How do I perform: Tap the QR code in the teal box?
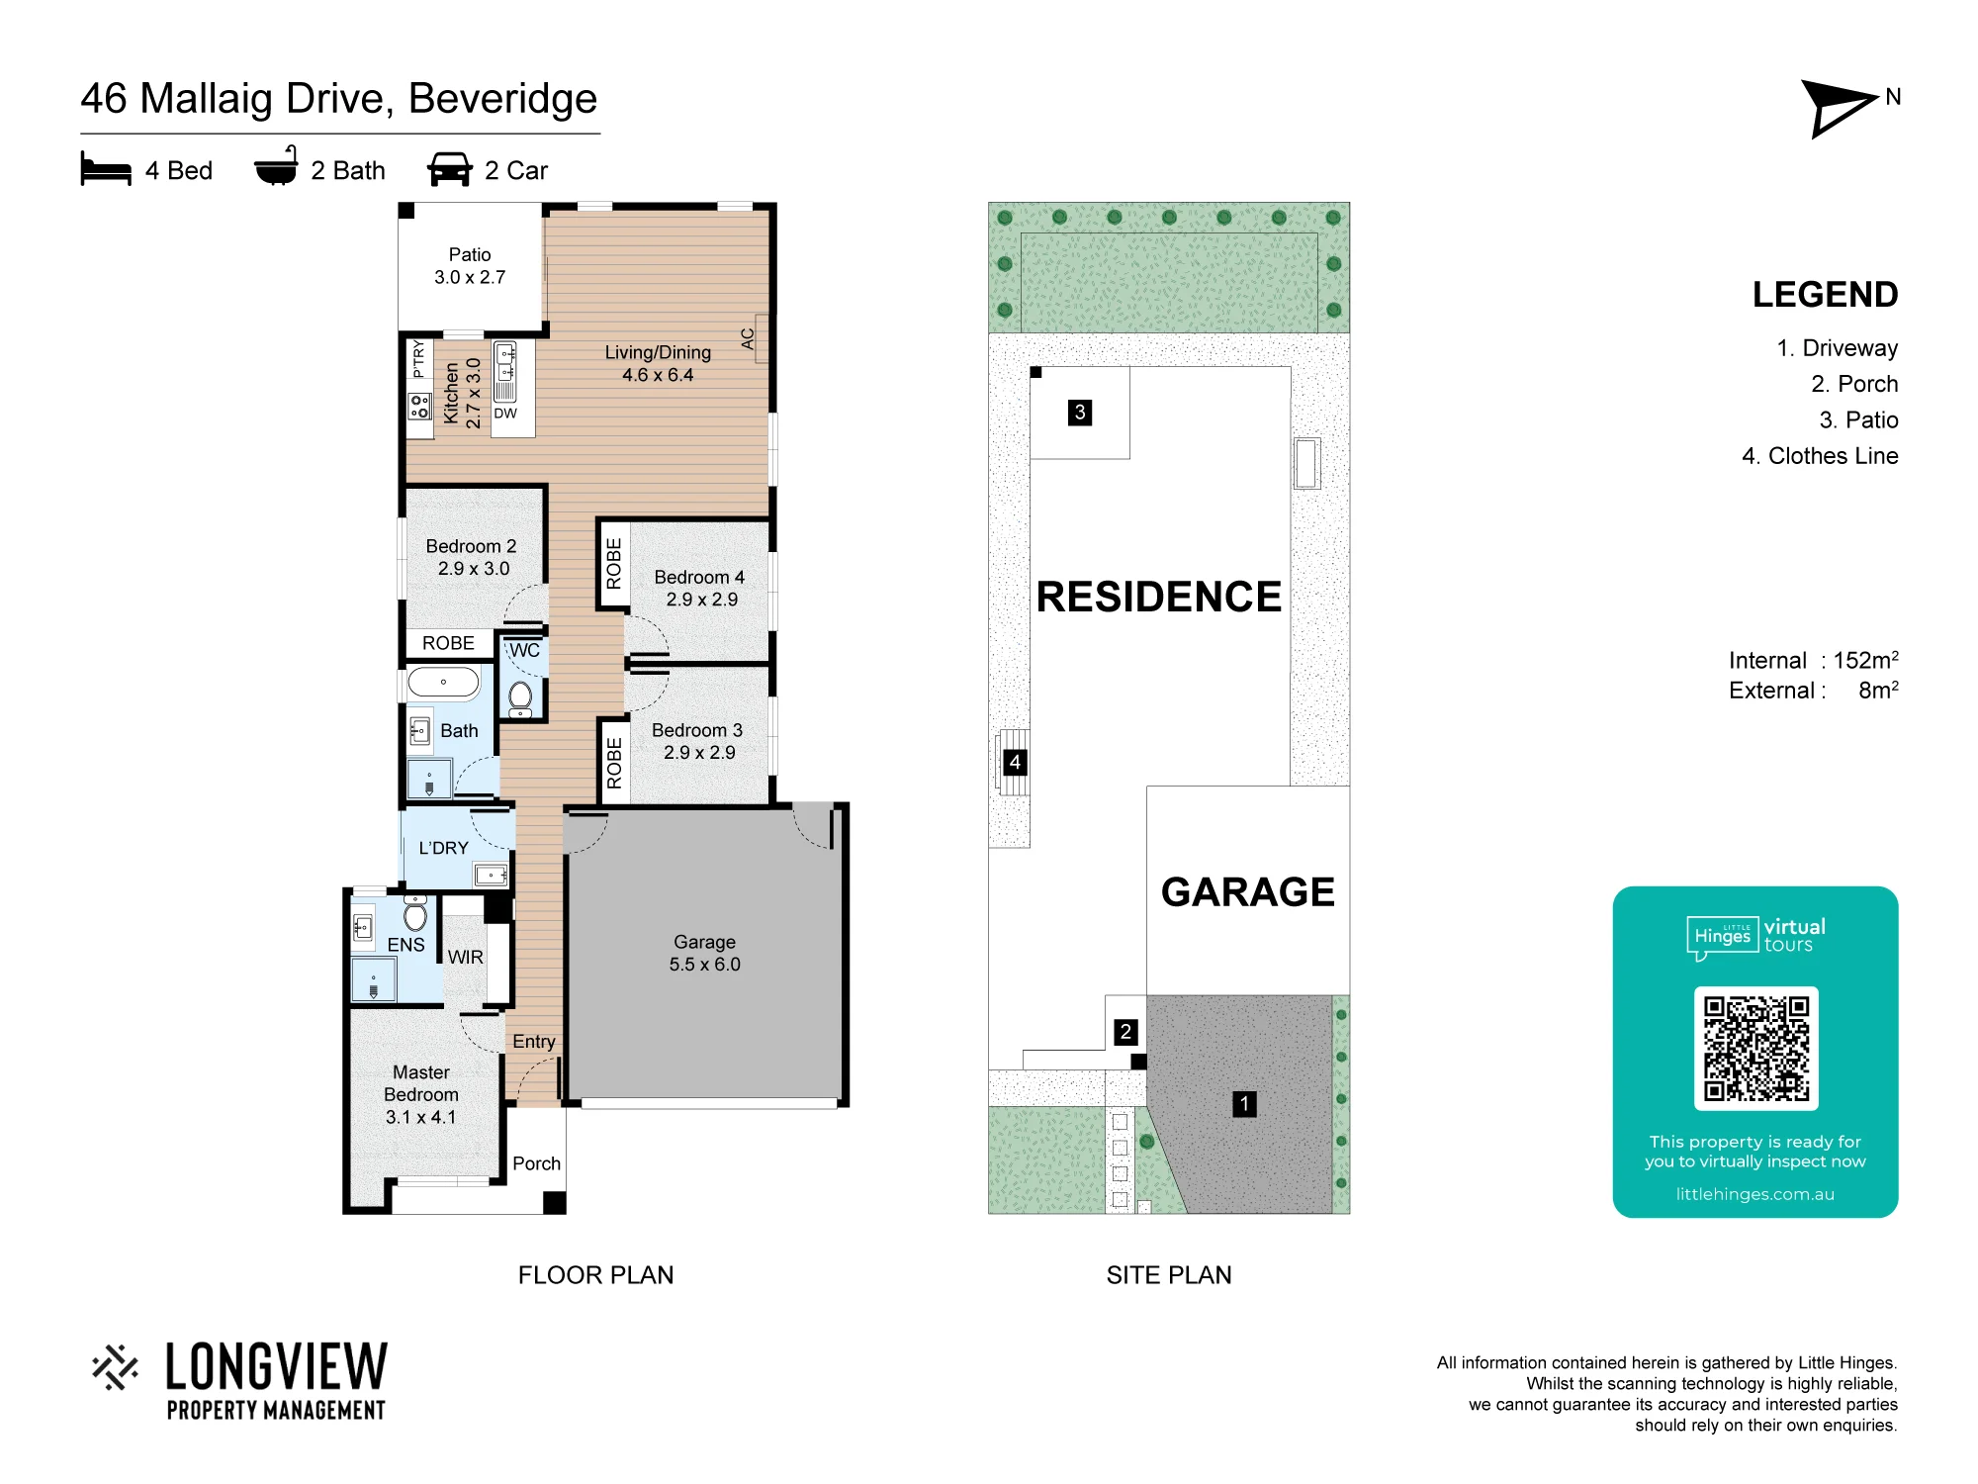tap(1755, 1049)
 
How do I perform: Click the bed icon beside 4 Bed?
tap(106, 169)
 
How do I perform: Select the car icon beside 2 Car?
tap(450, 169)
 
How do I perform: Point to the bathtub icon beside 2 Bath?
tap(276, 166)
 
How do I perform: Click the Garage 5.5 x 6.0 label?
tap(704, 953)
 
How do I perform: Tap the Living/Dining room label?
tap(658, 363)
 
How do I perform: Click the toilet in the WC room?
tap(520, 697)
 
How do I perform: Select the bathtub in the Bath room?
tap(443, 683)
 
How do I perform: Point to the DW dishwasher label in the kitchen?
tap(505, 414)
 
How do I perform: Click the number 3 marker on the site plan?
tap(1080, 412)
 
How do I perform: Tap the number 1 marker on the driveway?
tap(1244, 1103)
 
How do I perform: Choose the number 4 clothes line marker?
tap(1015, 762)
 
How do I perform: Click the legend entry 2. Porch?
tap(1854, 384)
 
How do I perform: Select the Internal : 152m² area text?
tap(1813, 660)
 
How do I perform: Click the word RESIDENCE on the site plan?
tap(1159, 597)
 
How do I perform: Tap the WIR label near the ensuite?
tap(466, 957)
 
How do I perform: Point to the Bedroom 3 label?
tap(697, 730)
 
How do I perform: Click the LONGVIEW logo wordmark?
tap(277, 1367)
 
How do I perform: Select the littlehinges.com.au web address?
tap(1755, 1194)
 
